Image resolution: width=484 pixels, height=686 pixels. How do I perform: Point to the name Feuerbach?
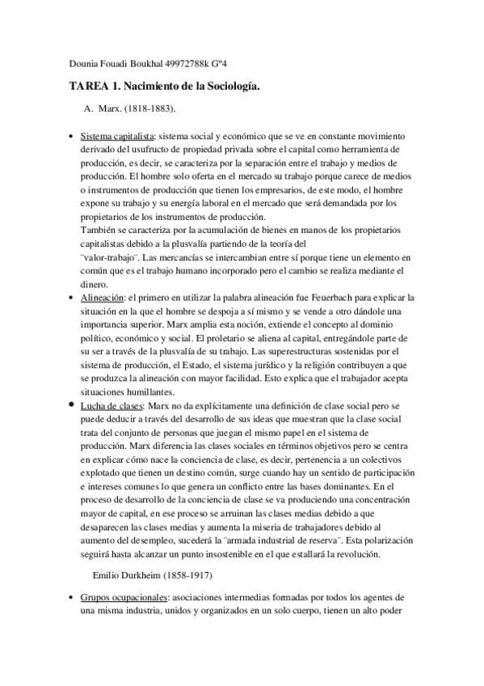pos(329,297)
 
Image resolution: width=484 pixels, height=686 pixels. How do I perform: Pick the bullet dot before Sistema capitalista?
pos(74,138)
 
